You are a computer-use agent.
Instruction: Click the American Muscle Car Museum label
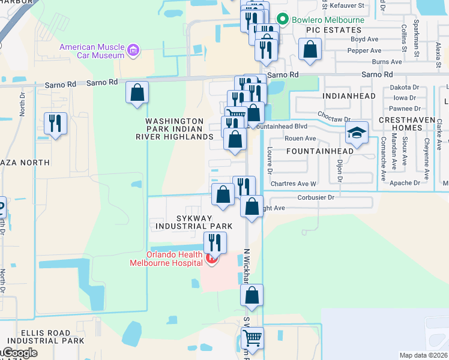coord(91,51)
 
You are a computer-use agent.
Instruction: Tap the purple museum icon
coord(134,50)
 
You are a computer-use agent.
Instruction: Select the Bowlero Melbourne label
coord(328,20)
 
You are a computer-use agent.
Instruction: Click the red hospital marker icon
coord(211,259)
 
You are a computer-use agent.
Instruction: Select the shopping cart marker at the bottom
coord(252,338)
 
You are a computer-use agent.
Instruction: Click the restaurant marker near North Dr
coord(56,124)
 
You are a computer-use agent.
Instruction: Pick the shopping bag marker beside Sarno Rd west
coord(137,92)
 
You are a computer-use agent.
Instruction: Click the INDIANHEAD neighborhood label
coord(349,95)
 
